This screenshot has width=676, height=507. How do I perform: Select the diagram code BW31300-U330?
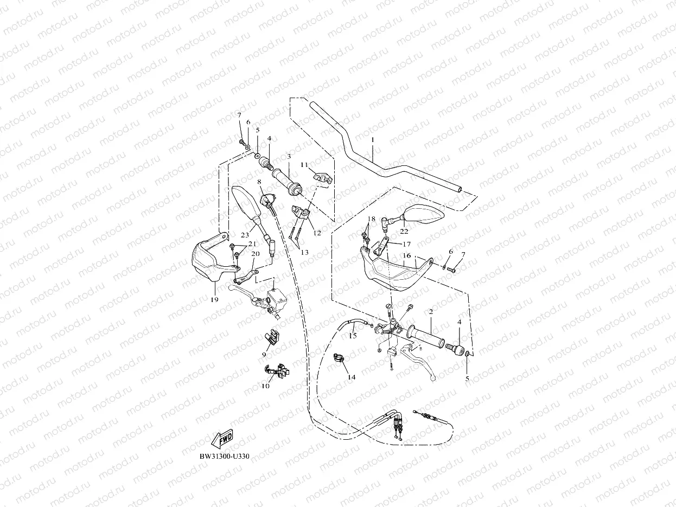tap(224, 456)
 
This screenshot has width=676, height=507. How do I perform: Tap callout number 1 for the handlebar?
tap(373, 139)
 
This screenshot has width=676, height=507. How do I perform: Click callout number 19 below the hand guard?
tap(214, 299)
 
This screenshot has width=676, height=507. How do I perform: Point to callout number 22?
tap(404, 231)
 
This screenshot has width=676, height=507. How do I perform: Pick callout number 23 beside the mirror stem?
tap(245, 235)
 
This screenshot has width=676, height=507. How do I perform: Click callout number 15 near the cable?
tap(353, 336)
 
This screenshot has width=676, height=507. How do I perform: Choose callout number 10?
tap(266, 386)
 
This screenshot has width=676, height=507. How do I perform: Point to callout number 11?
tap(304, 164)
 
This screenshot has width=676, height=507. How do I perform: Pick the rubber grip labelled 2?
tap(429, 335)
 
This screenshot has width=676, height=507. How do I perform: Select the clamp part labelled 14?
tap(339, 359)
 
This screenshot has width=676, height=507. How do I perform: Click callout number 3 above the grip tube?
tap(289, 156)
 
